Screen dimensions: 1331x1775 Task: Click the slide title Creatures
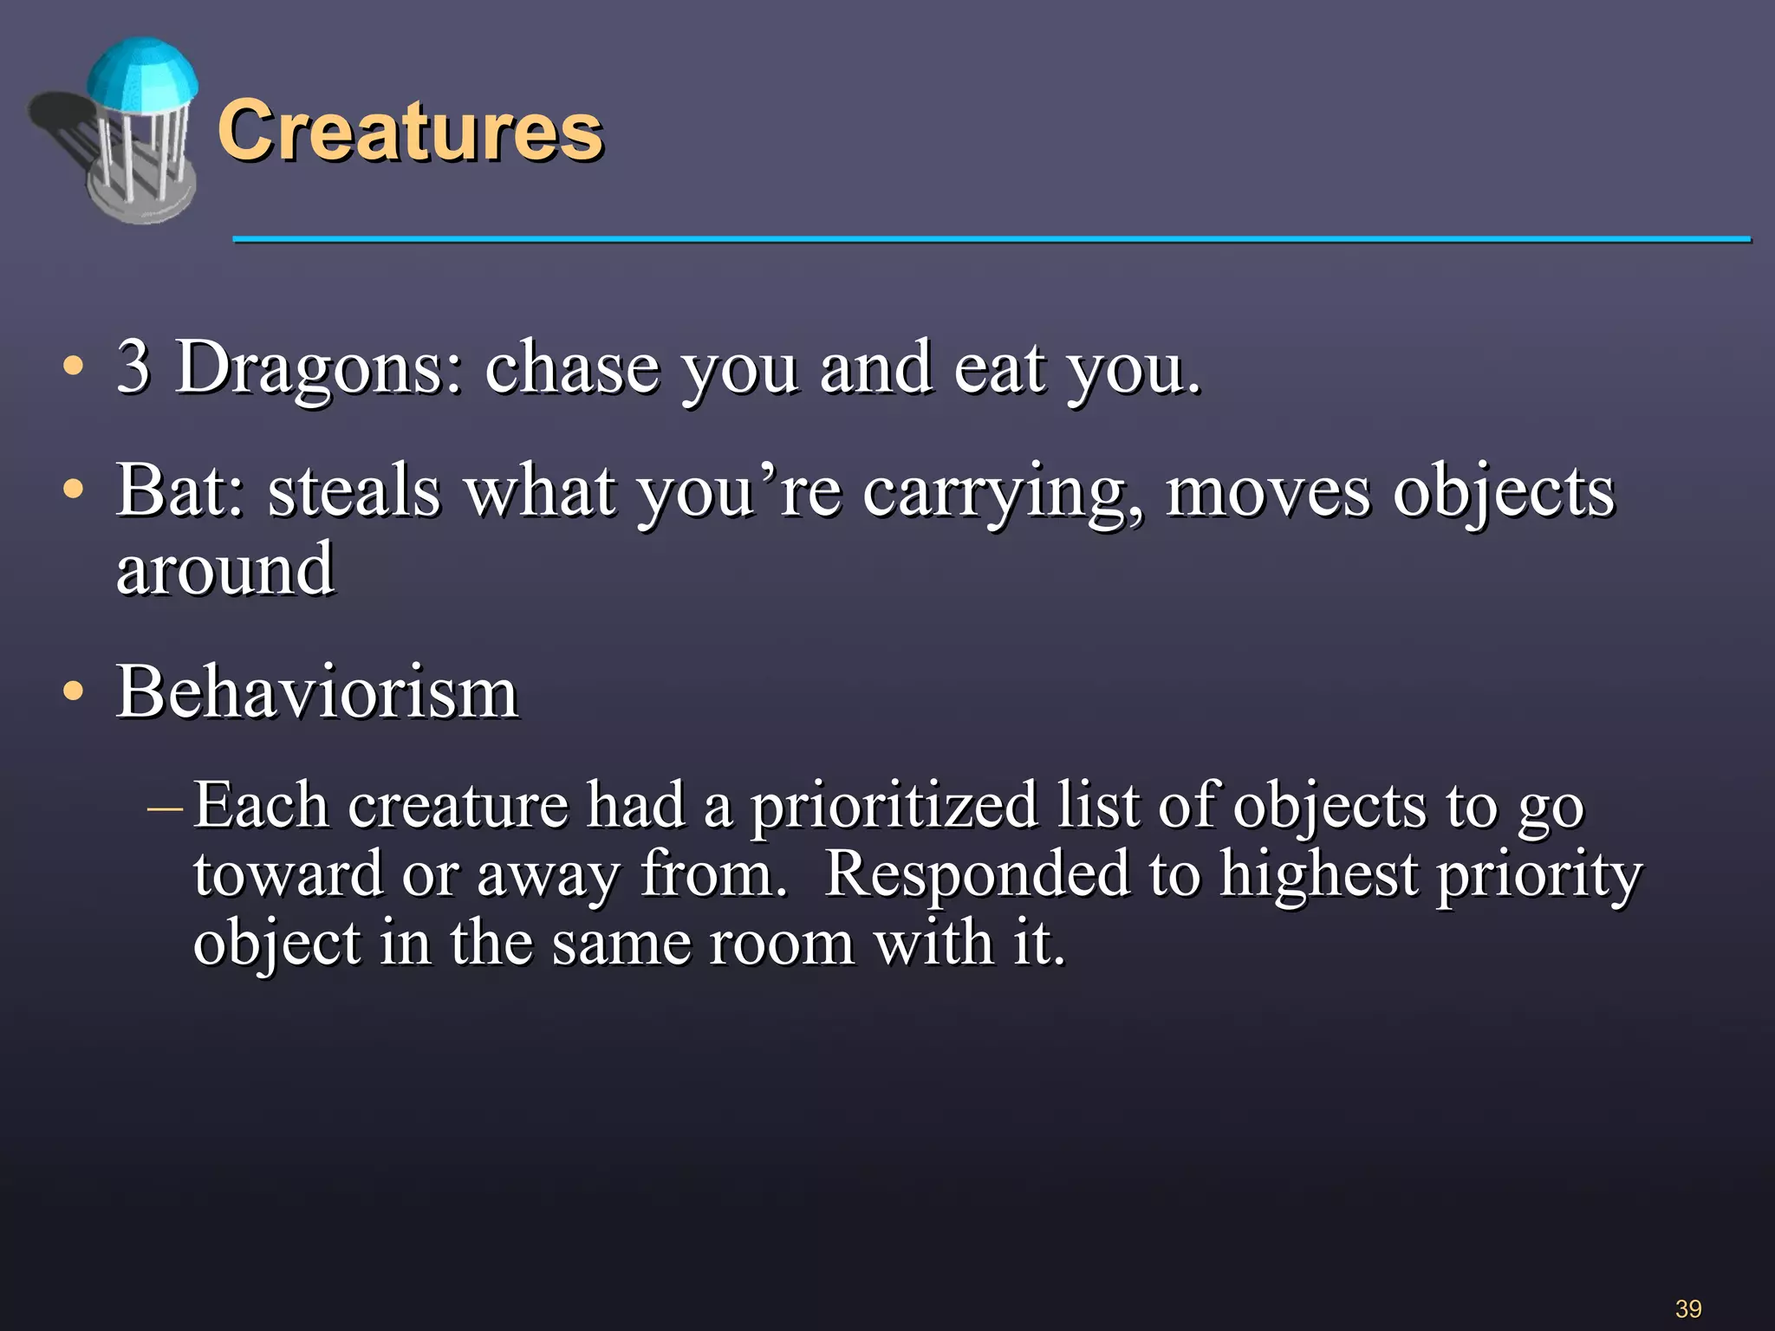(409, 132)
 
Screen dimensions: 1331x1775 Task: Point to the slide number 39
(1688, 1308)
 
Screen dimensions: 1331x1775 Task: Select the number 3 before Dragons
(133, 367)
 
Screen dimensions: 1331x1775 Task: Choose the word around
(224, 570)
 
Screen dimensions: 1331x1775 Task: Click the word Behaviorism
(317, 693)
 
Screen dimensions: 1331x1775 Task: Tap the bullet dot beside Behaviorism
(75, 692)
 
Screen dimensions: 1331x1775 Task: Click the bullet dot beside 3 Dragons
(75, 367)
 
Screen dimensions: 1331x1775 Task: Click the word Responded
(976, 875)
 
